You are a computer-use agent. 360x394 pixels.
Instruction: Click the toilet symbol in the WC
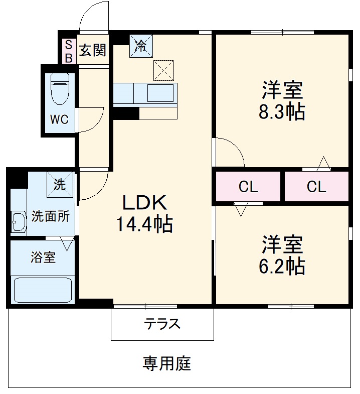60,89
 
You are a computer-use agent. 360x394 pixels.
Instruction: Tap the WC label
59,120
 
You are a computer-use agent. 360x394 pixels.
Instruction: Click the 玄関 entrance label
93,50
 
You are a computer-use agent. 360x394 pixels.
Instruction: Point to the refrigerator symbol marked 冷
140,46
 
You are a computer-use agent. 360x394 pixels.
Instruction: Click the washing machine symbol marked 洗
60,184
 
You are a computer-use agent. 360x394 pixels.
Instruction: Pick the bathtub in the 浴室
43,290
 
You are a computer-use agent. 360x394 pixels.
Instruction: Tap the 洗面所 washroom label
50,217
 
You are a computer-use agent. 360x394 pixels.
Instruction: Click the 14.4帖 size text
145,224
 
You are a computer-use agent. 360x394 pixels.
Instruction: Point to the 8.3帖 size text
282,112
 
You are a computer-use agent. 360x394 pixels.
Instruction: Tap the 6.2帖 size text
282,266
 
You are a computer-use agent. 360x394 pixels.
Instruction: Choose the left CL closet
248,187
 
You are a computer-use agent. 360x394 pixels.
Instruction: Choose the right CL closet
316,187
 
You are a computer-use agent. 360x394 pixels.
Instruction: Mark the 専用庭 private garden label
167,363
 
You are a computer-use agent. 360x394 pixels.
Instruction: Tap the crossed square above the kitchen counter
163,70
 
